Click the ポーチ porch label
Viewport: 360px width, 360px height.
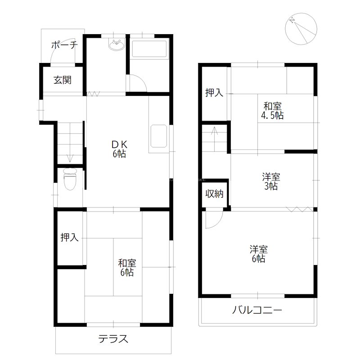click(64, 45)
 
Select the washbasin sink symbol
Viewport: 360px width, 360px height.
click(116, 45)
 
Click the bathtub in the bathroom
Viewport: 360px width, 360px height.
click(149, 49)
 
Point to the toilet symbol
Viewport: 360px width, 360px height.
click(70, 180)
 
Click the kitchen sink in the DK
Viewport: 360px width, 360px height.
click(157, 135)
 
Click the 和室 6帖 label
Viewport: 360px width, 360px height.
click(126, 267)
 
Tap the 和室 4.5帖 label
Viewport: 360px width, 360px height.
click(273, 111)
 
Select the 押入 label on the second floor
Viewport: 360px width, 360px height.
click(214, 93)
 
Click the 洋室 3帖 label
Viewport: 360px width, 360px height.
click(270, 181)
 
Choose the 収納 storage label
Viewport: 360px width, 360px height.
click(215, 194)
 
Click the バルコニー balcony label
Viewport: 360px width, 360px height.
click(257, 310)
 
